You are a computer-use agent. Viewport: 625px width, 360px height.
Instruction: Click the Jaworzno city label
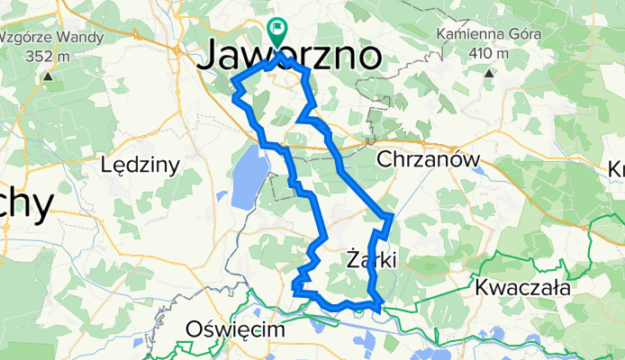(x=289, y=56)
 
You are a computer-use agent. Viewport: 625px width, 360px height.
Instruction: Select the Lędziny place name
(x=141, y=165)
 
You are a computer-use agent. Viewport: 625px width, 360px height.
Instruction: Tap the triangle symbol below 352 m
(x=48, y=75)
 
